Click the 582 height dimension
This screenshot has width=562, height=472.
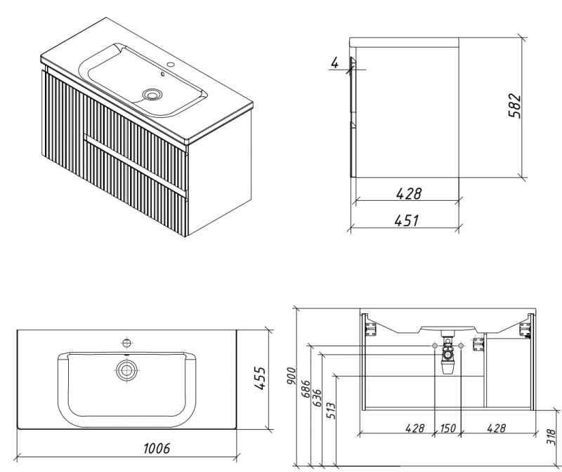tap(514, 105)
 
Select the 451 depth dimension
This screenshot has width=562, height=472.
tap(407, 221)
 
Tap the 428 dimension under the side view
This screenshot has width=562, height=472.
tap(409, 194)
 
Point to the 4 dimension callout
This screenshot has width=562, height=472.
tap(335, 63)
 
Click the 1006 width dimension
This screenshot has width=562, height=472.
tap(157, 448)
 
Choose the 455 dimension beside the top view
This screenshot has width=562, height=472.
tap(259, 378)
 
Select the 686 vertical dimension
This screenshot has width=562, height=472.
tap(306, 389)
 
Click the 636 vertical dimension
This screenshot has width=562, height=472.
tap(318, 398)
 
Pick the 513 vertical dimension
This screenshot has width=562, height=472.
tap(332, 411)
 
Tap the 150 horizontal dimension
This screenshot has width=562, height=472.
tap(447, 428)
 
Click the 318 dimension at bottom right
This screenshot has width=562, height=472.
tap(551, 436)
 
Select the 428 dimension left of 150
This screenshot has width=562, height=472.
tap(414, 428)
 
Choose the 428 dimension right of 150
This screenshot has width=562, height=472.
tap(497, 428)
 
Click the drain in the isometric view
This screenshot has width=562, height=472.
tap(152, 95)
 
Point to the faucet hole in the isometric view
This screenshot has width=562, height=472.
tap(171, 65)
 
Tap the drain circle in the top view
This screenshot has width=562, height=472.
tap(127, 370)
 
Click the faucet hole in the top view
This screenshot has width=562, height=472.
tap(126, 343)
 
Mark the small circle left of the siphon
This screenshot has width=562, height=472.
tap(434, 346)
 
